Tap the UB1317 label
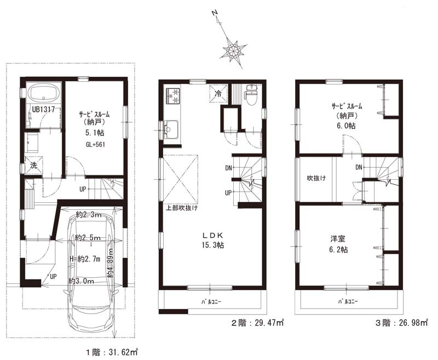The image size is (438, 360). (43, 109)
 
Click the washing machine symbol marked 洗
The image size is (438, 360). (33, 165)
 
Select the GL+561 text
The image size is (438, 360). (96, 145)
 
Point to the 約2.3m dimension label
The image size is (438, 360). (89, 215)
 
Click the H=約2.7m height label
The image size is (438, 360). (85, 259)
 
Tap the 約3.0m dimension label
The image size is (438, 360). (81, 281)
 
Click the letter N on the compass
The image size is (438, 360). (215, 13)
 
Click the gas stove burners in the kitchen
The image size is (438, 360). (172, 95)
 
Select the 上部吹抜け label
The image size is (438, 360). (182, 208)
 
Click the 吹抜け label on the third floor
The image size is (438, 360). (316, 178)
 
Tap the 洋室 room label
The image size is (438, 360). (338, 239)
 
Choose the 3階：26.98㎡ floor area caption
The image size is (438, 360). (401, 323)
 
